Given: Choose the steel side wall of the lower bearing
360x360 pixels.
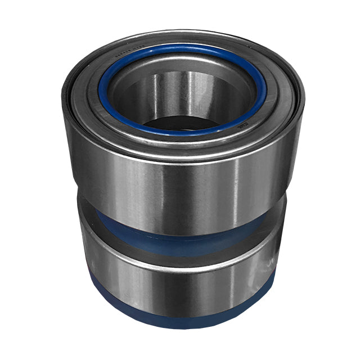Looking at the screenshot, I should pyautogui.click(x=169, y=287).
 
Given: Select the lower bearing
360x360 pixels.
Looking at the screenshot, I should pyautogui.click(x=180, y=281).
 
